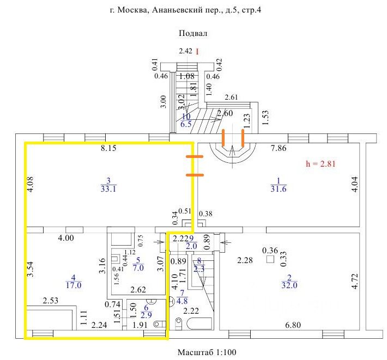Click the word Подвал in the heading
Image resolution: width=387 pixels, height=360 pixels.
click(193, 33)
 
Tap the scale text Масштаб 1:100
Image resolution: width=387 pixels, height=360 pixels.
click(207, 352)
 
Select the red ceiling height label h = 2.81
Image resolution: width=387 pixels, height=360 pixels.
click(321, 164)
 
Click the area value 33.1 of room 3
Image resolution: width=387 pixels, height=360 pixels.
click(108, 189)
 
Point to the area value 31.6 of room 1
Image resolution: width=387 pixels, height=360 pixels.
click(279, 189)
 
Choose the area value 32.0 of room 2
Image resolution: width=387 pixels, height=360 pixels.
click(289, 285)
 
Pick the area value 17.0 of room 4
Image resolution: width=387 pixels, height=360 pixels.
click(74, 285)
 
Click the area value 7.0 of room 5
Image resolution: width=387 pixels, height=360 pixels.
click(138, 267)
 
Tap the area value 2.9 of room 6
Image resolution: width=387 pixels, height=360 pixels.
click(146, 315)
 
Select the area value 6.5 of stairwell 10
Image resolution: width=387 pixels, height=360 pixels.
click(186, 124)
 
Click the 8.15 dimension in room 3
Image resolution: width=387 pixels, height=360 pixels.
click(108, 148)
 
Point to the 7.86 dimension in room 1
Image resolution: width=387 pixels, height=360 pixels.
click(279, 148)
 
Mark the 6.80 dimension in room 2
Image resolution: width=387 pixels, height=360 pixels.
click(293, 325)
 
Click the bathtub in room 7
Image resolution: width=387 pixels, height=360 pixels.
click(199, 324)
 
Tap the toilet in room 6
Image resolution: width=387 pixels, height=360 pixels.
click(160, 324)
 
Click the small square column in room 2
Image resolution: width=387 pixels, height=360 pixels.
click(270, 260)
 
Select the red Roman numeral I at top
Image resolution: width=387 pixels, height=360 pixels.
click(197, 52)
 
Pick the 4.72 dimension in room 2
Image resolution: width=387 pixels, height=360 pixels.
click(354, 281)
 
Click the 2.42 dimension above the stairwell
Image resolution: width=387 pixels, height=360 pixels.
click(186, 51)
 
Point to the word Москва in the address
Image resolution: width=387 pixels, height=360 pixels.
click(133, 10)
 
